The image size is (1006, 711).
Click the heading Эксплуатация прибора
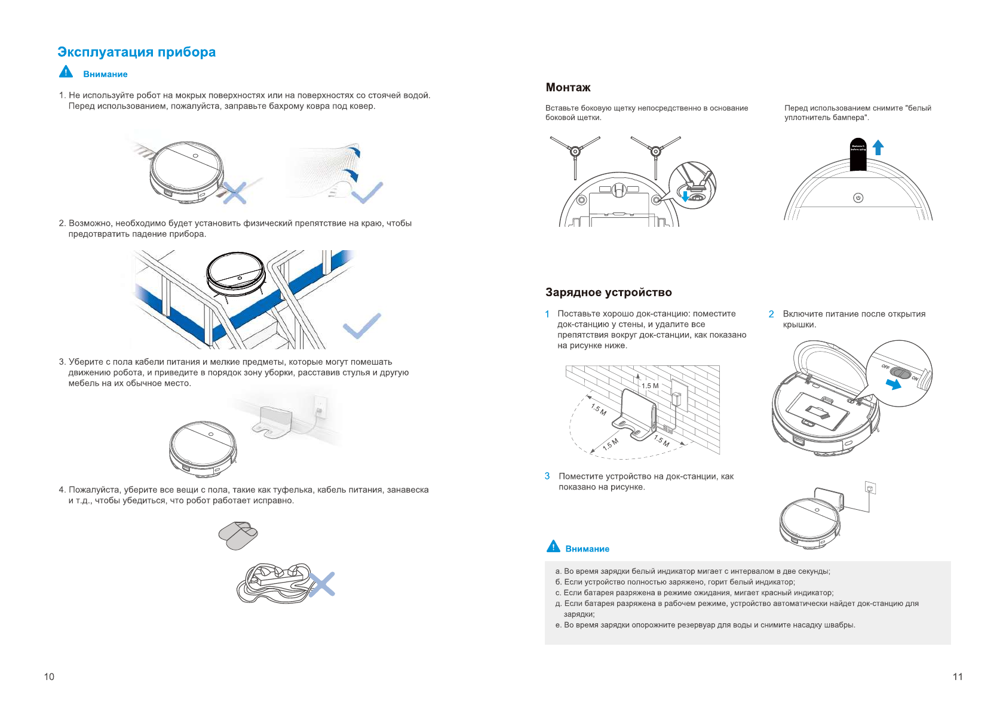click(x=136, y=53)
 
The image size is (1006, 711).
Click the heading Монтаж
click(x=568, y=88)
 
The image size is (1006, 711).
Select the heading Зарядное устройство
click(x=608, y=293)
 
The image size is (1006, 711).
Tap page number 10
click(x=49, y=676)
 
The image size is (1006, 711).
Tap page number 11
click(x=958, y=676)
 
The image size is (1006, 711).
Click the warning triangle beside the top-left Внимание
click(x=66, y=72)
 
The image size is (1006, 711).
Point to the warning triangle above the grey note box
click(x=553, y=547)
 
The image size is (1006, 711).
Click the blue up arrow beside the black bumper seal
click(x=878, y=147)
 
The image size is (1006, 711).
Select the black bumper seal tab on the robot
click(x=858, y=155)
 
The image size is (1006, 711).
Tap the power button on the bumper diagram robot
click(x=858, y=198)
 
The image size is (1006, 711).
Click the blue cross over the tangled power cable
click(x=322, y=584)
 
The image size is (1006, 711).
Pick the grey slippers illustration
click(x=238, y=535)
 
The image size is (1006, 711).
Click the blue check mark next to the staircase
click(x=361, y=325)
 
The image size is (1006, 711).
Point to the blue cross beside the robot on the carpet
click(x=235, y=193)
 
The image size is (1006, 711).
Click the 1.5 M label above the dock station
click(x=650, y=386)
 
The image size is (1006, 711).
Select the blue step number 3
click(x=547, y=476)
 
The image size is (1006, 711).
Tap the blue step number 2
click(x=771, y=314)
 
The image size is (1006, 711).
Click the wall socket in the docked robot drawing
click(x=870, y=488)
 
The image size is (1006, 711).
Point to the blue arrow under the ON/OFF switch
click(x=894, y=385)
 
